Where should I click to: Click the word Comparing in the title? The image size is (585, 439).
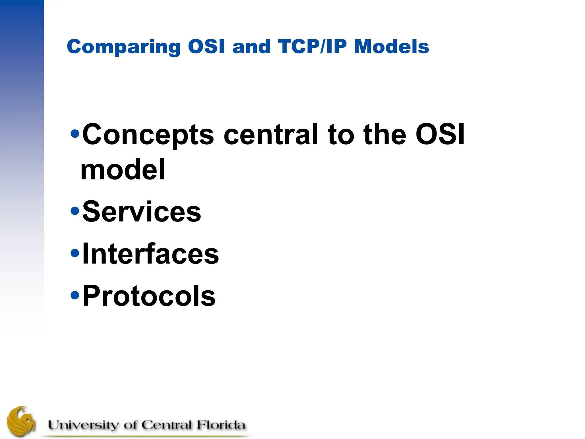pyautogui.click(x=123, y=47)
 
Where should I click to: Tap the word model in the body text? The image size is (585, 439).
pyautogui.click(x=123, y=170)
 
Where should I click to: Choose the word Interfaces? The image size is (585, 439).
pyautogui.click(x=150, y=254)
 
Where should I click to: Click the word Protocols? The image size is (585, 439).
pyautogui.click(x=149, y=296)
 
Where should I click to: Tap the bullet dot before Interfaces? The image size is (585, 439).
pyautogui.click(x=75, y=253)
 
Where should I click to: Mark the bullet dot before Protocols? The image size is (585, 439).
pyautogui.click(x=75, y=295)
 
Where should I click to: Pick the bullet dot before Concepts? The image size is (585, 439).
pyautogui.click(x=75, y=133)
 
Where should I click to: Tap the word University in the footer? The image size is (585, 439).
pyautogui.click(x=83, y=425)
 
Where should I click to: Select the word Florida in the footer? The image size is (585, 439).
pyautogui.click(x=221, y=425)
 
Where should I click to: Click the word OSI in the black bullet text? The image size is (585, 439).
pyautogui.click(x=440, y=134)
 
